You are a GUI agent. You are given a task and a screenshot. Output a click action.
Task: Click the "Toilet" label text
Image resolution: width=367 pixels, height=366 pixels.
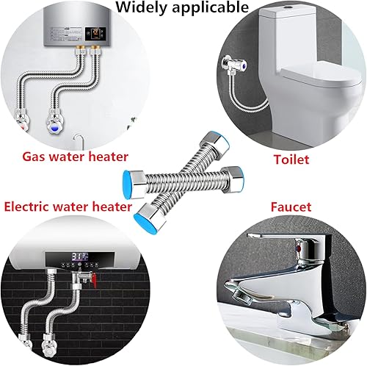291,159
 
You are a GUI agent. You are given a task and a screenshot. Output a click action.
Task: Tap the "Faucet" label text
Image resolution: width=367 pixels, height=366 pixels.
291,207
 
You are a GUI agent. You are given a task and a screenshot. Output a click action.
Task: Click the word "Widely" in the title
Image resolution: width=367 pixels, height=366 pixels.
142,7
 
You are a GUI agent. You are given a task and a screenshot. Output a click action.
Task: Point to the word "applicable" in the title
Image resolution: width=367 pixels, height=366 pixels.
211,7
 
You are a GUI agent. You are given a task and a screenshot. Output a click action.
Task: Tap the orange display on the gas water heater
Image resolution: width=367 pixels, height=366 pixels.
95,33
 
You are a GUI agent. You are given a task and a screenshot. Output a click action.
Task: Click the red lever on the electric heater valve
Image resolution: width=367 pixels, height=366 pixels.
94,279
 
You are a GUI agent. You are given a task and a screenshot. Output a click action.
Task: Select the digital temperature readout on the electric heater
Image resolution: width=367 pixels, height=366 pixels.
79,256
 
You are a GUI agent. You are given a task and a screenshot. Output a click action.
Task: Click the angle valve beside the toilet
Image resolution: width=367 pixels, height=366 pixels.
234,65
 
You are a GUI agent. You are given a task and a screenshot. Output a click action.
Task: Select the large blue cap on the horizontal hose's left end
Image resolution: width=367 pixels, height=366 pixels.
126,182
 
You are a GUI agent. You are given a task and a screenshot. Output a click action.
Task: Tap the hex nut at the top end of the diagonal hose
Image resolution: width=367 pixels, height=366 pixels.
214,145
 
